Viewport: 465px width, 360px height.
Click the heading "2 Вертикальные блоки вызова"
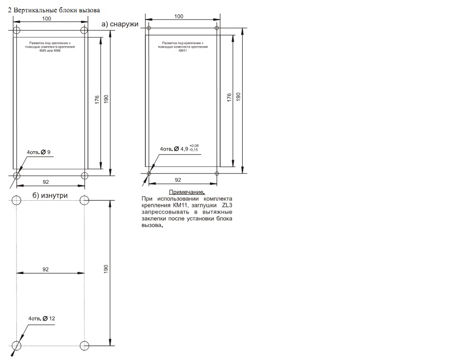click(x=54, y=10)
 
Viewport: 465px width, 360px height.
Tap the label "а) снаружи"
click(x=120, y=24)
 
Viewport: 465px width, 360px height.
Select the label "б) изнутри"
click(x=50, y=196)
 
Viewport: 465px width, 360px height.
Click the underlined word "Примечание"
click(x=186, y=192)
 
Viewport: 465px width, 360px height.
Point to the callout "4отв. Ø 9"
click(x=38, y=152)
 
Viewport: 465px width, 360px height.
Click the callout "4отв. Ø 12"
click(x=41, y=319)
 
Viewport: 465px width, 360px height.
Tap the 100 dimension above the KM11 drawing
click(x=179, y=16)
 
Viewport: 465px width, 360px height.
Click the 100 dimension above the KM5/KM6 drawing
click(x=47, y=18)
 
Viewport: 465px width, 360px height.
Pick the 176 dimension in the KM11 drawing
click(x=229, y=98)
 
